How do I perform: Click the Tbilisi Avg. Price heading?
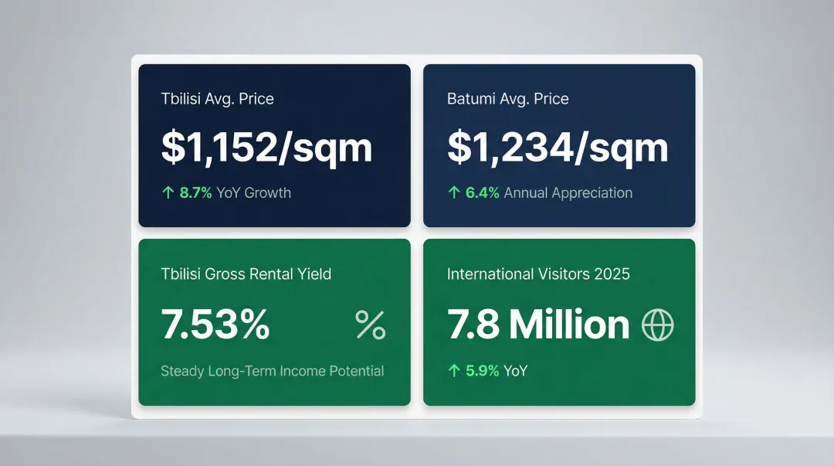coord(217,99)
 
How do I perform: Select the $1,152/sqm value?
coord(266,147)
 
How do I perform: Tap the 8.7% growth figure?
coord(195,193)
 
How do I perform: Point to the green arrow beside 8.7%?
coord(168,193)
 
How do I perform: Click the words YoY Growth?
coord(253,193)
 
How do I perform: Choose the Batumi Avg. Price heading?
coord(507,99)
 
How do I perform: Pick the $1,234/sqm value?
coord(558,147)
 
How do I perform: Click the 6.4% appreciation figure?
coord(482,193)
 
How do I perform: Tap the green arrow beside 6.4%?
coord(454,193)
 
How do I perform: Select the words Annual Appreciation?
coord(568,193)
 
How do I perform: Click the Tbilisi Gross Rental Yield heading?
coord(246,274)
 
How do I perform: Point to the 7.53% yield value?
coord(215,325)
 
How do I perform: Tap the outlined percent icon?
coord(370,325)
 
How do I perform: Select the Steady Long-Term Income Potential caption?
coord(272,371)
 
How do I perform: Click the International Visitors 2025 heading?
coord(538,274)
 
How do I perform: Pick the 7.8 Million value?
coord(538,325)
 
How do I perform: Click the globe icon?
coord(658,325)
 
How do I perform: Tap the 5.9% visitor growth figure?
coord(482,371)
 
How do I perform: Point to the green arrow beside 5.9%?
coord(454,371)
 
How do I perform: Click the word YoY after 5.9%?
coord(515,371)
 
